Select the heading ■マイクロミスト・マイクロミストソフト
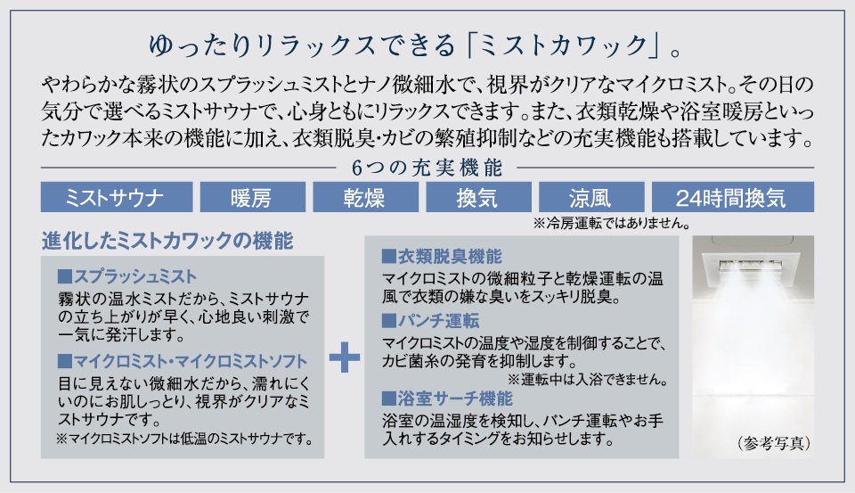tap(182, 361)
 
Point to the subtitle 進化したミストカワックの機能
tap(167, 241)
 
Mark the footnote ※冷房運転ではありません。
tap(610, 223)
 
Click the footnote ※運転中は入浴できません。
tap(588, 379)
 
